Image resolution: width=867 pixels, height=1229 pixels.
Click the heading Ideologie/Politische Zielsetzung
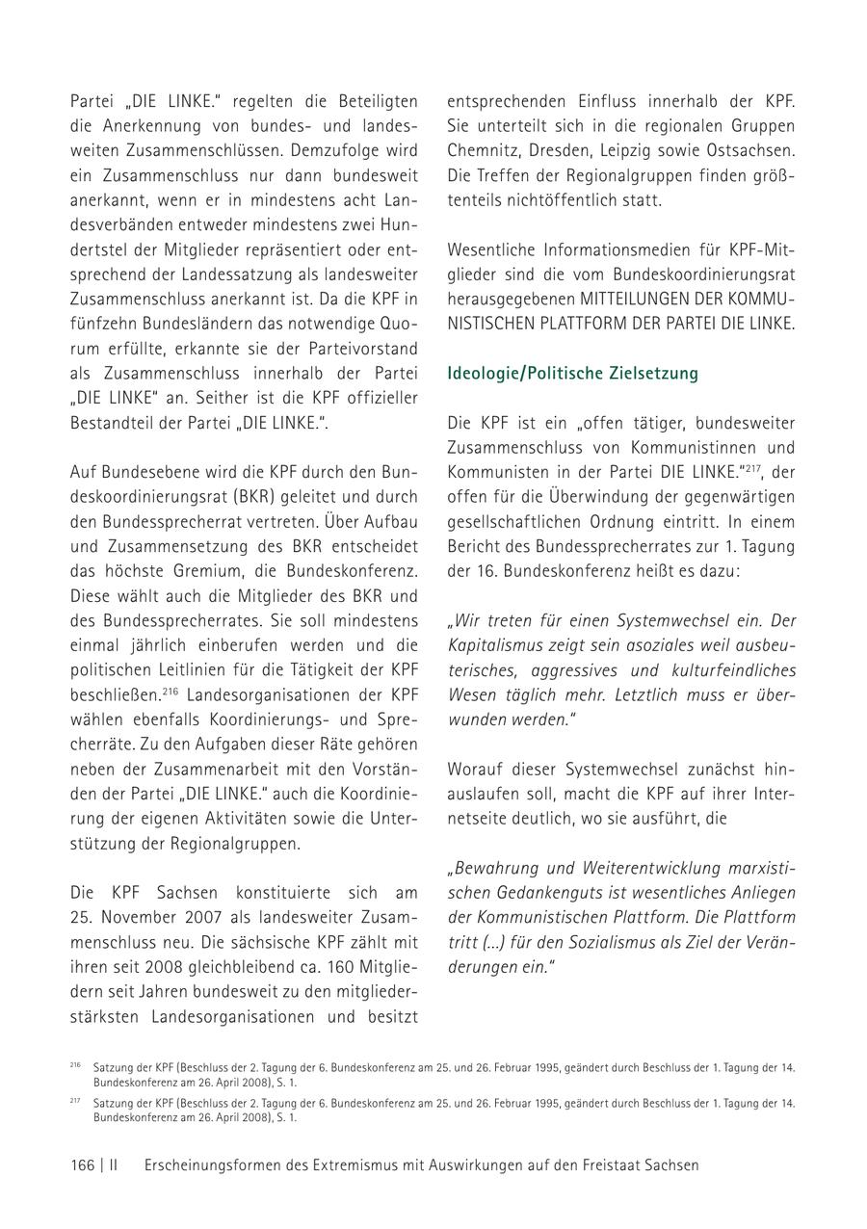click(x=572, y=373)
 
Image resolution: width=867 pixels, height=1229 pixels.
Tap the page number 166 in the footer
click(x=82, y=1164)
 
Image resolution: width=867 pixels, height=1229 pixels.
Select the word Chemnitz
click(x=483, y=151)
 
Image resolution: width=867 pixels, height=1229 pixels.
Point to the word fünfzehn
click(x=102, y=323)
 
